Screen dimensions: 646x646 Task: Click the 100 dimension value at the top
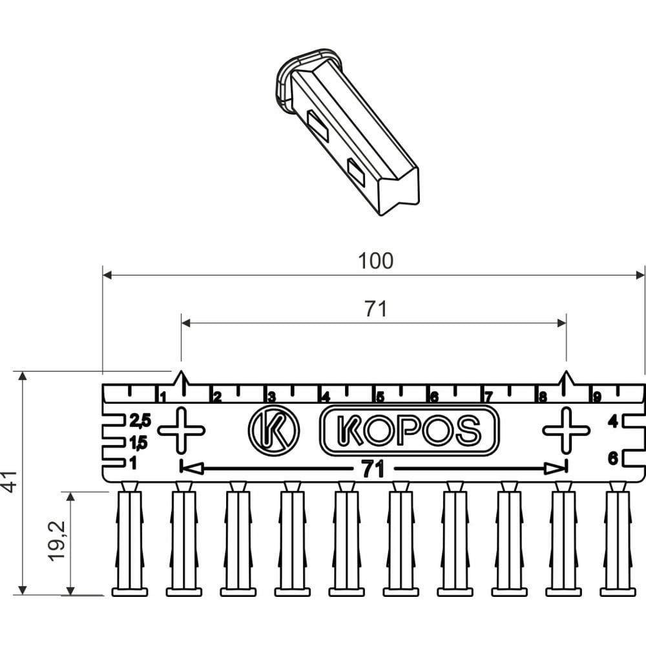[x=375, y=261]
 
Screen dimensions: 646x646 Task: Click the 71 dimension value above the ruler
[x=375, y=309]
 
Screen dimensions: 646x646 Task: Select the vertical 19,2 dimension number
[x=59, y=541]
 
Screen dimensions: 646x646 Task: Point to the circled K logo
[x=273, y=429]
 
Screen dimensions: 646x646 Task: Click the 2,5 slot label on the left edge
[x=140, y=421]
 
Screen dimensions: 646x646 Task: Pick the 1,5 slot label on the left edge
[x=138, y=443]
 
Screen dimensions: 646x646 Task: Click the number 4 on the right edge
[x=612, y=422]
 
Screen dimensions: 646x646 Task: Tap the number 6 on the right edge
[x=612, y=459]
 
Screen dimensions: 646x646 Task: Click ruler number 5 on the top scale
[x=380, y=397]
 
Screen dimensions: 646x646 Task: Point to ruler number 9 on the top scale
[x=597, y=397]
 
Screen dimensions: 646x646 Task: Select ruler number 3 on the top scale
[x=271, y=397]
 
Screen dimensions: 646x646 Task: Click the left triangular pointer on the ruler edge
[x=181, y=380]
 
